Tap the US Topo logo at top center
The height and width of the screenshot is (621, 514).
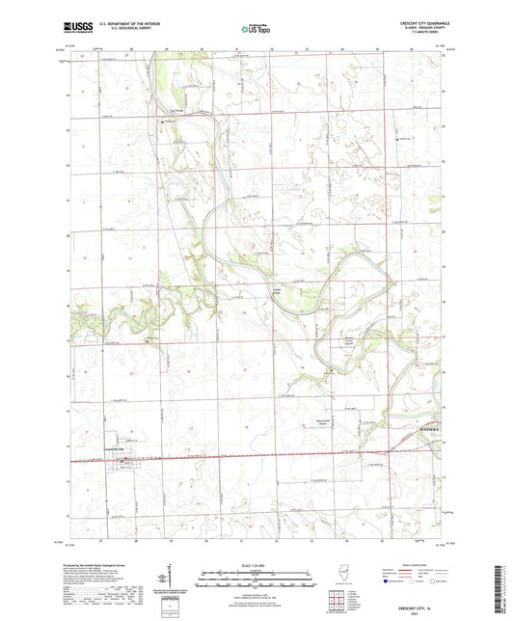pyautogui.click(x=256, y=30)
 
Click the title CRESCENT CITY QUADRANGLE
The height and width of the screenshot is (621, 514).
pyautogui.click(x=419, y=20)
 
